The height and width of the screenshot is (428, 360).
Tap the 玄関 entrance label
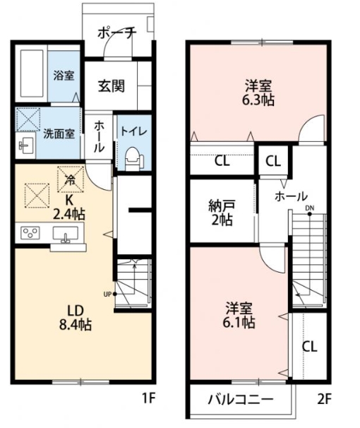(x=112, y=85)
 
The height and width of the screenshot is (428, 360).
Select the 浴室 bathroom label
(x=64, y=76)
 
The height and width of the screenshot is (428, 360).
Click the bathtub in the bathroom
(x=32, y=73)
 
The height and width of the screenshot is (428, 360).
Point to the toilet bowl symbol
(x=133, y=159)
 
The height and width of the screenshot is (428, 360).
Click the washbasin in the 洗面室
(x=26, y=145)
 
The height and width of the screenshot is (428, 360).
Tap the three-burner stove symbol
(x=30, y=233)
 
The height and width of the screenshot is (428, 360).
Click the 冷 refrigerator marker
(x=71, y=179)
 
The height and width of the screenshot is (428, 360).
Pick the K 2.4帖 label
(x=69, y=208)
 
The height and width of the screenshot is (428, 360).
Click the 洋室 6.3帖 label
(x=258, y=93)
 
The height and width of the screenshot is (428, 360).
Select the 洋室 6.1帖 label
(x=239, y=315)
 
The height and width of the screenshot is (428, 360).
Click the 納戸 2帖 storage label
(x=222, y=213)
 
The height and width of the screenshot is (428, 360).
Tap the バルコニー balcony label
(x=241, y=400)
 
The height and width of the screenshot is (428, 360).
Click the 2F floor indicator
(x=324, y=400)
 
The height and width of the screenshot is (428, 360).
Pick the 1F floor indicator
(x=149, y=399)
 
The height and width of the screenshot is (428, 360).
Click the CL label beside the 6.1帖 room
(x=310, y=346)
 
